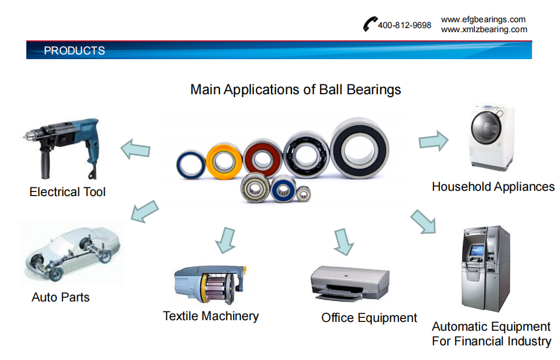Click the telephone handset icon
click(x=370, y=24)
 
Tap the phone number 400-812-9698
click(x=404, y=25)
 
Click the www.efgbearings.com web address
click(x=483, y=19)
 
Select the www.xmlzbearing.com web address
click(x=484, y=29)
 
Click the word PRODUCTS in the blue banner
click(x=74, y=51)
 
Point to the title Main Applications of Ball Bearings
click(x=296, y=90)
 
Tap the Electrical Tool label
click(x=67, y=192)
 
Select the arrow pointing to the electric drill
click(x=135, y=149)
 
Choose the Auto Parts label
click(x=60, y=297)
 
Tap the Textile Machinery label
click(x=211, y=316)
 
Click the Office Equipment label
click(x=369, y=318)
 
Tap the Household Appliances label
click(x=493, y=187)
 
